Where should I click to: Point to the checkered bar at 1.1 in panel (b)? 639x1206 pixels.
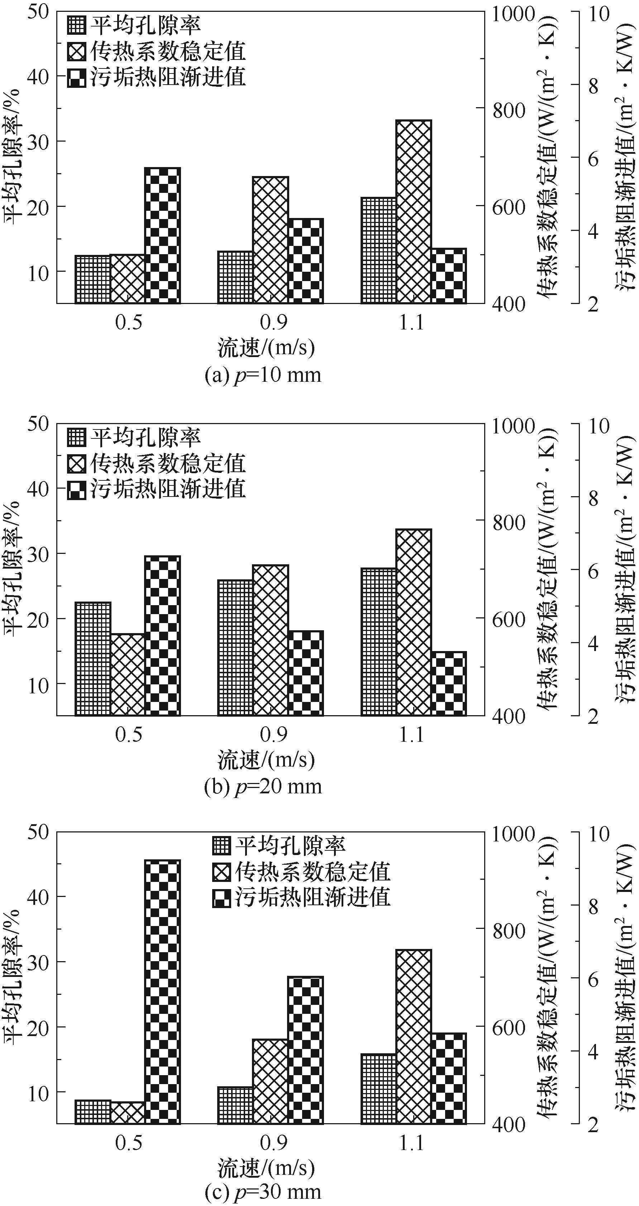coord(448,684)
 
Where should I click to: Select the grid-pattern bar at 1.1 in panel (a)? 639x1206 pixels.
coord(378,251)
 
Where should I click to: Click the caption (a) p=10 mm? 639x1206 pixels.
coord(263,375)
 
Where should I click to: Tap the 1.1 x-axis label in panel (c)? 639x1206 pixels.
coord(411,1143)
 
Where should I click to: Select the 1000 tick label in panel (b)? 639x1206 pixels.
coord(513,427)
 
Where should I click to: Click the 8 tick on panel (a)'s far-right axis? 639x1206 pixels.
coord(593,86)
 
